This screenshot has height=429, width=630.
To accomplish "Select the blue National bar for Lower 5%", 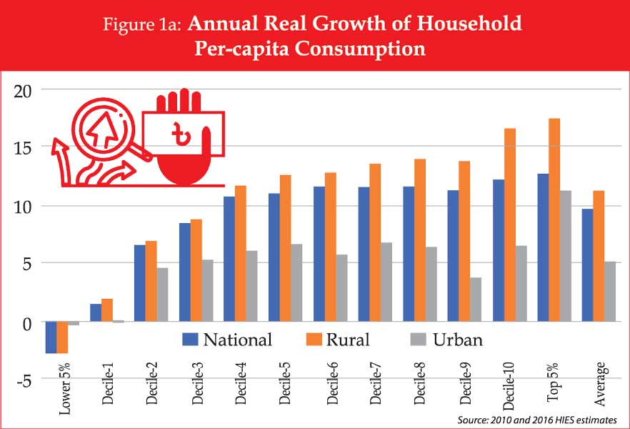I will click(x=51, y=337).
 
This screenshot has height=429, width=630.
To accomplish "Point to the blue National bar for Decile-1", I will click(x=95, y=313).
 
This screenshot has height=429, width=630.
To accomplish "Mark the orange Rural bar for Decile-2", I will click(x=151, y=282).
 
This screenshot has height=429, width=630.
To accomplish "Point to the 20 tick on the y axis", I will click(x=27, y=89).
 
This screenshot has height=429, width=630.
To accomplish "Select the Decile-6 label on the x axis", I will click(x=331, y=384).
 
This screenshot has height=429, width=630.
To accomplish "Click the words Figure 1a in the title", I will click(x=143, y=24).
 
